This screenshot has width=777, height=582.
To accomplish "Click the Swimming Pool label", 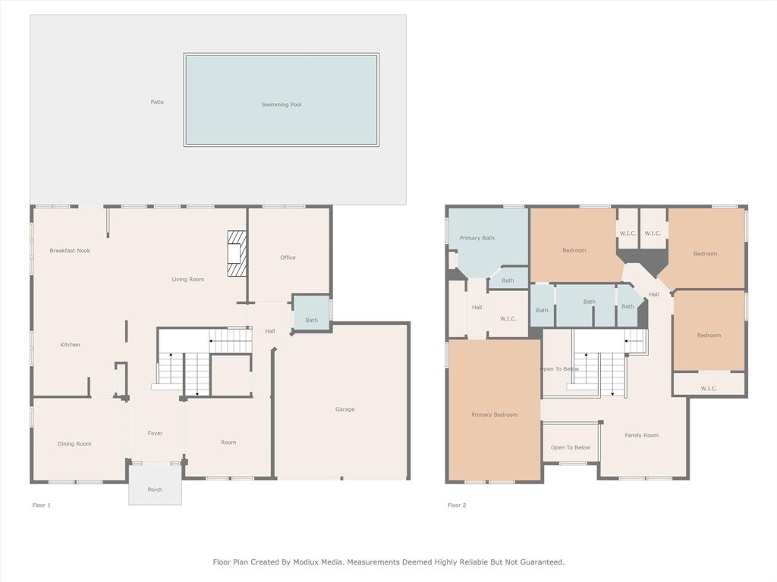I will point(281,105).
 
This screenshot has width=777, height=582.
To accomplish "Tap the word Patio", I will point(157,102).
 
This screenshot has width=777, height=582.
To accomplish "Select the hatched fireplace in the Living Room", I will point(238,254).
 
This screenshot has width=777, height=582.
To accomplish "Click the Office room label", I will point(288,258).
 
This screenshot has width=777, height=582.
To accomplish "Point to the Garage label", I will point(344,409).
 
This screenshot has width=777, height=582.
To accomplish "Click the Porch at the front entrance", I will point(155,490).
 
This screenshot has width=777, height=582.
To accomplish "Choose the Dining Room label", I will point(74,444).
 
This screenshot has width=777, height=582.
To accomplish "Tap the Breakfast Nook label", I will point(70,251).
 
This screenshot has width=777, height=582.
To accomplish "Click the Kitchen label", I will point(71,345).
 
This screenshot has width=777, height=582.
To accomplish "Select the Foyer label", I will point(155,433).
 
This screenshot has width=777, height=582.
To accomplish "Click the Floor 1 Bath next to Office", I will point(312,321).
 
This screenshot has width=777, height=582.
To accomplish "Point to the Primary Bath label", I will point(477,238).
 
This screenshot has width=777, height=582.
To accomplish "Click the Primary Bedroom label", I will point(494,415).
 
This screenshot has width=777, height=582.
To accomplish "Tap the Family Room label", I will point(641,436).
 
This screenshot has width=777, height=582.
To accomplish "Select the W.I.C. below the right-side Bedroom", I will point(709,389).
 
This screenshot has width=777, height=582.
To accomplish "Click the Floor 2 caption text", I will point(457,505).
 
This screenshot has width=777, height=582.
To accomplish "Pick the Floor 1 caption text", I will point(42,505).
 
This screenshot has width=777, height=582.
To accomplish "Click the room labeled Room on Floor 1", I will point(228,443).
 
